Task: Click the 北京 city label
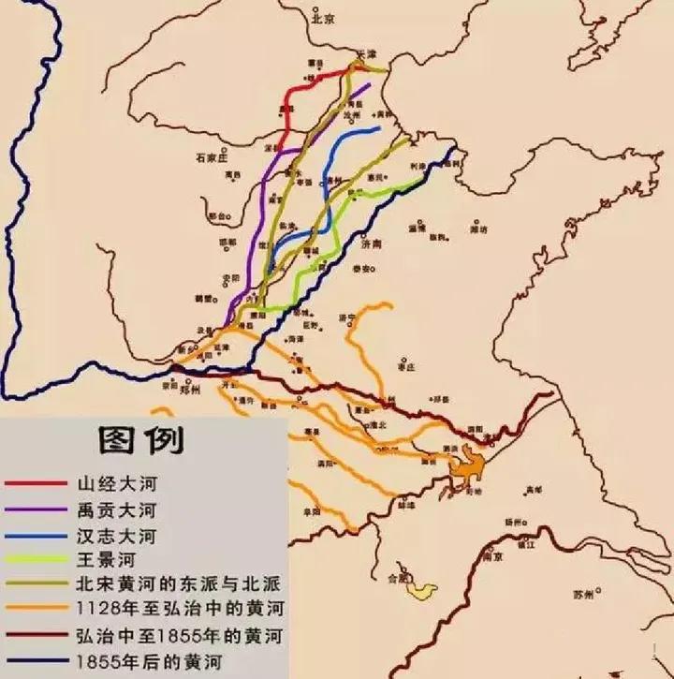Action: click(325, 17)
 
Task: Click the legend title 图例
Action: click(140, 437)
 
